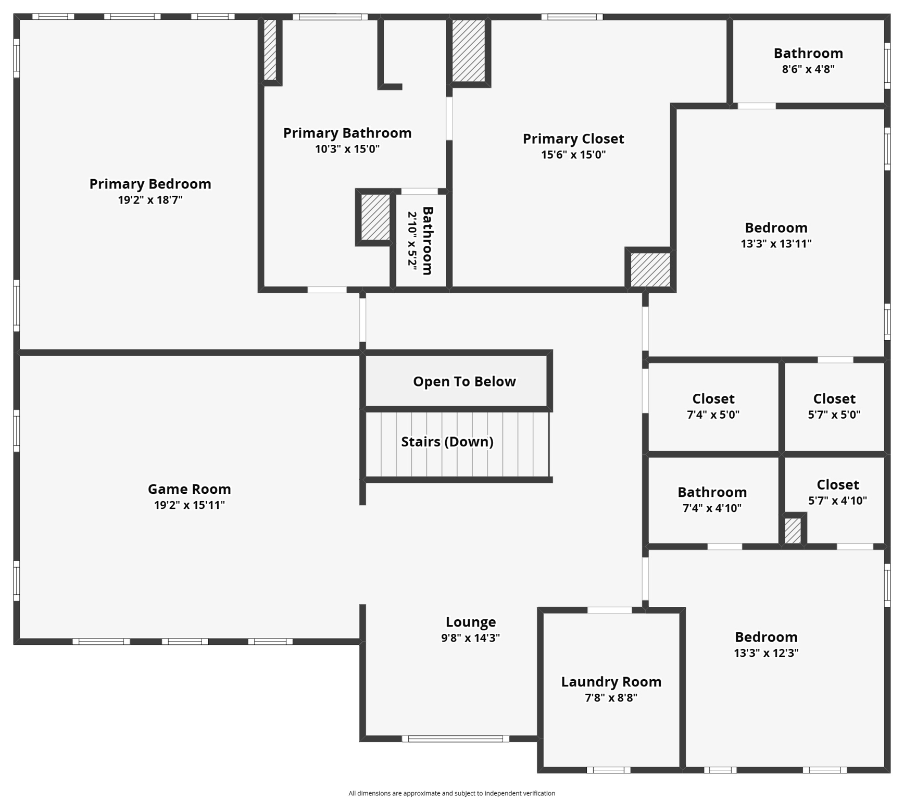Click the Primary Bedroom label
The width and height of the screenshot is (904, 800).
[x=150, y=184]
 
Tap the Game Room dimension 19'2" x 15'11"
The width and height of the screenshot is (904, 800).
[x=189, y=505]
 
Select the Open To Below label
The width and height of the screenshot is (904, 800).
[x=464, y=381]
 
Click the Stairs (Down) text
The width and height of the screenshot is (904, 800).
[x=447, y=442]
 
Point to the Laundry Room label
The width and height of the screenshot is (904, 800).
[x=611, y=682]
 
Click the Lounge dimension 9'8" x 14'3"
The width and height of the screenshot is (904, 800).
[x=470, y=637]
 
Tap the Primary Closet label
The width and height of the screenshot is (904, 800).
[x=573, y=139]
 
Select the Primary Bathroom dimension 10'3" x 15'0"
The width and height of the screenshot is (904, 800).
[x=347, y=149]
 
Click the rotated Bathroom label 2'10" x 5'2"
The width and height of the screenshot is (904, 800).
[x=427, y=241]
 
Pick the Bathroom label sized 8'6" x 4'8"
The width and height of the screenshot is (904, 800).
[x=808, y=53]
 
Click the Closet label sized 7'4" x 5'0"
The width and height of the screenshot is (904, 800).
[x=713, y=399]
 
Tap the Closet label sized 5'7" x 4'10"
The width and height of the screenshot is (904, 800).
[x=837, y=485]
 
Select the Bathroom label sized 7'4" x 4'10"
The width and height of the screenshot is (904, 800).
[x=712, y=492]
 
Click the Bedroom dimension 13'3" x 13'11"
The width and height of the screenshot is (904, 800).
[x=776, y=243]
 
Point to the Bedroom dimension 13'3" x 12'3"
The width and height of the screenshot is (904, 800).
[x=766, y=653]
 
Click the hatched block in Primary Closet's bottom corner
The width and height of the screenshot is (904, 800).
[x=650, y=269]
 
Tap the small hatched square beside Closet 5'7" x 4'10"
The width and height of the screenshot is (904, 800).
[x=793, y=530]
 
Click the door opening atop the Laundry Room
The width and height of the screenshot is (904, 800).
[x=609, y=610]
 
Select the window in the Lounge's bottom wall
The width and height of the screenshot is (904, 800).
[x=455, y=739]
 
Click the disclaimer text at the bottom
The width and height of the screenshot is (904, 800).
[x=451, y=793]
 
